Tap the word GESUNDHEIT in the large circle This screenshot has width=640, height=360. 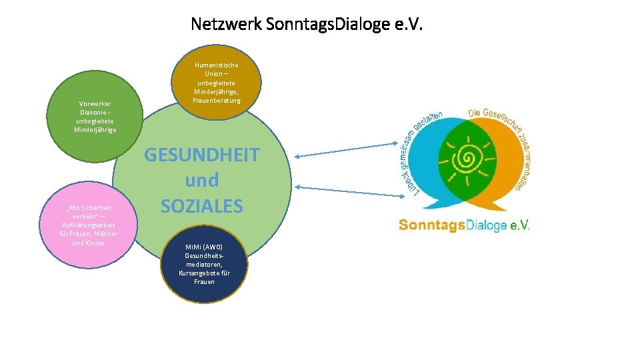pyautogui.click(x=201, y=155)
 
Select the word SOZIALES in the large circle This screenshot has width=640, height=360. pyautogui.click(x=201, y=206)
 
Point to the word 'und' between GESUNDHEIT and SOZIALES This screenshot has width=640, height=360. pyautogui.click(x=201, y=181)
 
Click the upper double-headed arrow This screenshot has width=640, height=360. pyautogui.click(x=344, y=150)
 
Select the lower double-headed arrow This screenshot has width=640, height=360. pyautogui.click(x=344, y=191)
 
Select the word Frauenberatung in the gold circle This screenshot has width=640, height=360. pyautogui.click(x=216, y=100)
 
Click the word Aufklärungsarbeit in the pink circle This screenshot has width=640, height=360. pyautogui.click(x=89, y=225)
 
